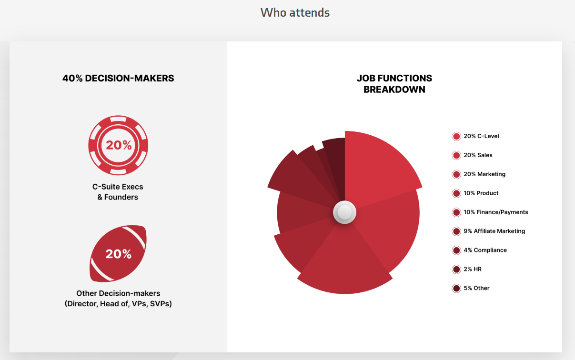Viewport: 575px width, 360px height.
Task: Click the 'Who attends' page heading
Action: [295, 13]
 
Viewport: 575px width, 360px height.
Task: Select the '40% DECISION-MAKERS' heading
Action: [118, 79]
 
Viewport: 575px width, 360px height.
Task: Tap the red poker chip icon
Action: [118, 145]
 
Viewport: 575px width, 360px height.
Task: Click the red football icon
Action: [118, 253]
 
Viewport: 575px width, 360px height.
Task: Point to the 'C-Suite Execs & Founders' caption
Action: [118, 192]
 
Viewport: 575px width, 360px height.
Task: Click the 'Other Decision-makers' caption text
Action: [118, 293]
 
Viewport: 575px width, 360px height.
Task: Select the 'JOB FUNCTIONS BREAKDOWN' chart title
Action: [394, 84]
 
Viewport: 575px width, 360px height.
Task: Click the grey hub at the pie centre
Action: [344, 212]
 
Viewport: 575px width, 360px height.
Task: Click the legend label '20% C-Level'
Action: [481, 136]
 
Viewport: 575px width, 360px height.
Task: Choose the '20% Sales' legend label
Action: [478, 155]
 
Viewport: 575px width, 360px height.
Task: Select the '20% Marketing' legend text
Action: [484, 174]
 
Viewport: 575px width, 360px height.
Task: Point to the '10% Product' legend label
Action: [481, 193]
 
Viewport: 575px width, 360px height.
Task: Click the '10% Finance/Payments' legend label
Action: [495, 212]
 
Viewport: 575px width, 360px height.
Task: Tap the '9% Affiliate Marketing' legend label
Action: [494, 231]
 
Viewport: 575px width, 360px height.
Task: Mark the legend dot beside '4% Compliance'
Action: [456, 250]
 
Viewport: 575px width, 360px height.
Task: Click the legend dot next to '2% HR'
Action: [456, 270]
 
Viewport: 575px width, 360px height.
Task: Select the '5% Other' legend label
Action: [476, 289]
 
